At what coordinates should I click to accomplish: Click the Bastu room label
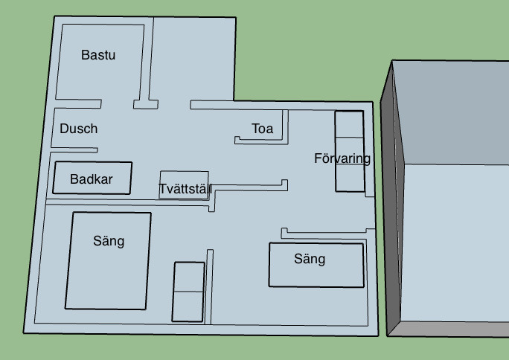[x=98, y=55]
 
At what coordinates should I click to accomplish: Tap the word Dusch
[x=78, y=129]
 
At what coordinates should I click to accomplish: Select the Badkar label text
[x=91, y=179]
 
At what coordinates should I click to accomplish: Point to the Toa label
[x=262, y=129]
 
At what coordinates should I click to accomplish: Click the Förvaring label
[x=342, y=158]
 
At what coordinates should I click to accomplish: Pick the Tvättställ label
[x=185, y=190]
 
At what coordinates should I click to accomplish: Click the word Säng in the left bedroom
[x=109, y=241]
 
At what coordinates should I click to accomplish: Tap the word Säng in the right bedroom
[x=310, y=259]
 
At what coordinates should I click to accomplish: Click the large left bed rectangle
[x=108, y=279]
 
